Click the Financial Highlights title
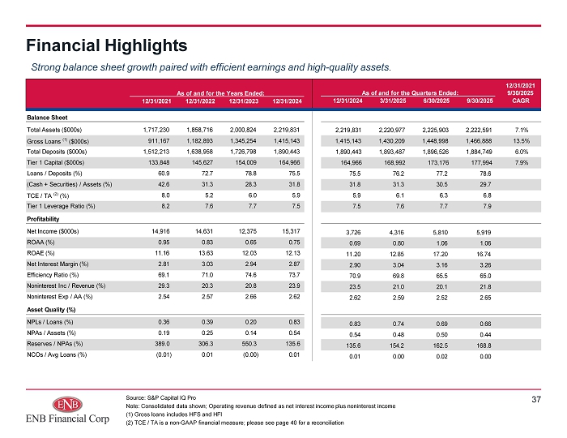(107, 45)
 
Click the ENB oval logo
(67, 404)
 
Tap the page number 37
(536, 399)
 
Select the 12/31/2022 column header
(200, 101)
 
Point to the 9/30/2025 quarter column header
(480, 101)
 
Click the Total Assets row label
(54, 130)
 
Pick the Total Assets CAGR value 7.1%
(522, 130)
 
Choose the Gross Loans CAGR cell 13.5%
(522, 141)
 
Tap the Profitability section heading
(43, 219)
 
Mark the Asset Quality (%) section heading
(51, 310)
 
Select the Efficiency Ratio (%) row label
(53, 275)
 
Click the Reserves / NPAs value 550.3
(249, 344)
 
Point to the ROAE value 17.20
(441, 254)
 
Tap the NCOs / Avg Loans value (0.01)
(164, 354)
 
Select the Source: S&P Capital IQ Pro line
(161, 397)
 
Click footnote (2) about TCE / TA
(235, 423)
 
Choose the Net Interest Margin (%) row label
(58, 264)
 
